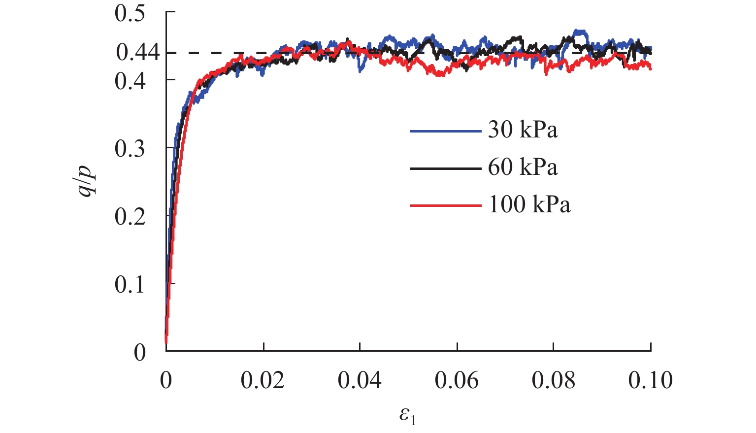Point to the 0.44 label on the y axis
coord(138,52)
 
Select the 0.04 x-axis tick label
coord(360,380)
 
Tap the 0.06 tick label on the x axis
coord(457,380)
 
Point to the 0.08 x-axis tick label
coord(553,380)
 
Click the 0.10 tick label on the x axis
coord(650,380)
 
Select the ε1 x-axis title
coord(407,416)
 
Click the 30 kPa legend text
coord(523,130)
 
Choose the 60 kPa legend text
coord(523,167)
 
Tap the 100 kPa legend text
coord(529,204)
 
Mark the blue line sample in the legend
coord(445,132)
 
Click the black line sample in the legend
coord(445,168)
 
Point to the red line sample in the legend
coord(445,205)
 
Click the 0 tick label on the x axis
coord(166,380)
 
